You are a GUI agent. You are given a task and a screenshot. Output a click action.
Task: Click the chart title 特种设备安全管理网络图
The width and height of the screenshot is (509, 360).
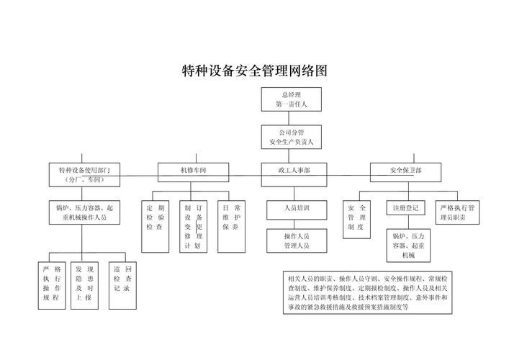coord(254,71)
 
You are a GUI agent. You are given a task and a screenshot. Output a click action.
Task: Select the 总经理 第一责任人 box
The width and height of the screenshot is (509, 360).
coord(291,99)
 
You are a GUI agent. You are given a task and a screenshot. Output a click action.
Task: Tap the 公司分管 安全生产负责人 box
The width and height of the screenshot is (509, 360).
coord(291,137)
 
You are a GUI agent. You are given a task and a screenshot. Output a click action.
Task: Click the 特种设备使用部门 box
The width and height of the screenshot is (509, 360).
coord(84,173)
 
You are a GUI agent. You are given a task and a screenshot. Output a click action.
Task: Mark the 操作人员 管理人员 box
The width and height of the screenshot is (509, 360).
coord(296,240)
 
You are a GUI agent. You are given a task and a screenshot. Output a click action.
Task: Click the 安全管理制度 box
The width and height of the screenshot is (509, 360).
coord(357,219)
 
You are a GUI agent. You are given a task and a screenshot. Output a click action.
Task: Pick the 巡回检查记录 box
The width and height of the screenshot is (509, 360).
coord(120,279)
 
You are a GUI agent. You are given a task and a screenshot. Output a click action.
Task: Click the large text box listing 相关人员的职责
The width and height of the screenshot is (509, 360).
coord(366,292)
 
